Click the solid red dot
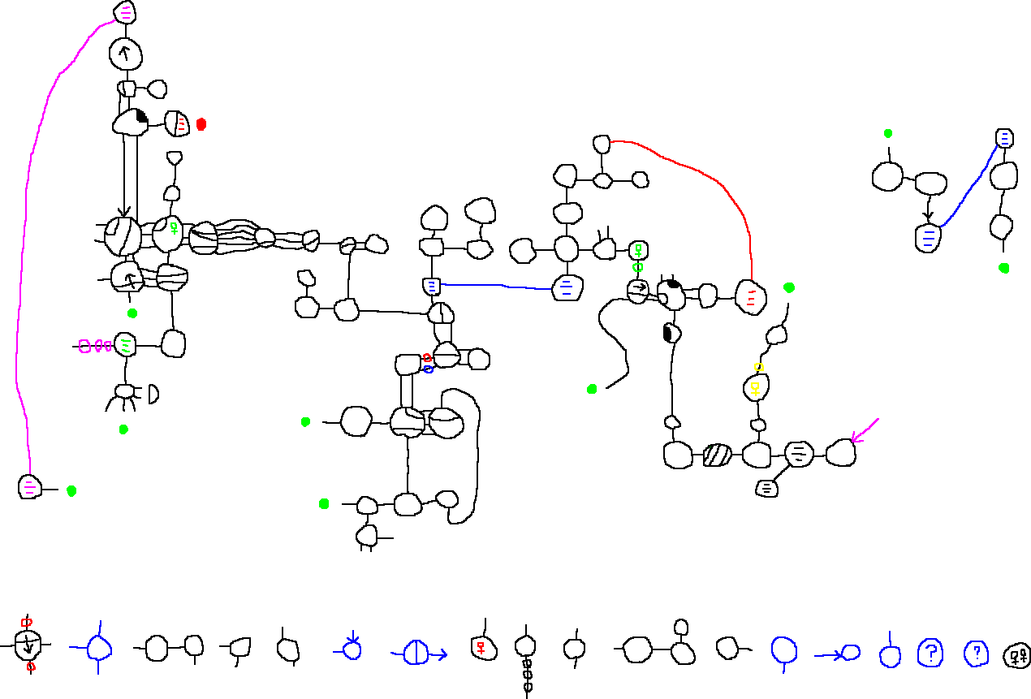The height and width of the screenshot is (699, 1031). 201,124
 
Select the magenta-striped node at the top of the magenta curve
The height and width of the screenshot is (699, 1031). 125,12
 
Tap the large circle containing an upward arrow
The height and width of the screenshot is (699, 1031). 126,54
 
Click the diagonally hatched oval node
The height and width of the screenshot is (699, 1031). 717,455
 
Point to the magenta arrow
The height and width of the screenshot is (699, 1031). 864,430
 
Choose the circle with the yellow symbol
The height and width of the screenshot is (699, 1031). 756,387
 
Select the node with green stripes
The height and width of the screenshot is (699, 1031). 126,345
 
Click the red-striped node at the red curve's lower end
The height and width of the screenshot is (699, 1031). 750,297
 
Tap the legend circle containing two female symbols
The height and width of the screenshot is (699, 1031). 1017,655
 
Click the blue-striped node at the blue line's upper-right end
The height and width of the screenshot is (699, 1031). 1004,138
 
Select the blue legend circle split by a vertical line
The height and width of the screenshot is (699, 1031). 416,653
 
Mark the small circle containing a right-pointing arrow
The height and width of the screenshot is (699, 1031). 638,288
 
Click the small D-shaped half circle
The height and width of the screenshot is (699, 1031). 153,395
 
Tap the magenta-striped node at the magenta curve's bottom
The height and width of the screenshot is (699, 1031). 29,487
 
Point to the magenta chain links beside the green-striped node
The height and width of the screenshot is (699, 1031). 94,347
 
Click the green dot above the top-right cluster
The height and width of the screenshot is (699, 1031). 888,133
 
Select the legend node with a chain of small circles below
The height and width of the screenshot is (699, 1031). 526,647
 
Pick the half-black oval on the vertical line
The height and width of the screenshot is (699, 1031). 671,333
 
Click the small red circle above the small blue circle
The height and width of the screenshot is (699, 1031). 427,358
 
